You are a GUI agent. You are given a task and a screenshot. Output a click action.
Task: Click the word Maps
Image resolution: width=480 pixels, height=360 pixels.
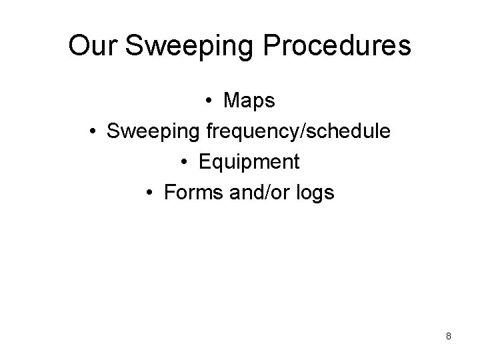[249, 101]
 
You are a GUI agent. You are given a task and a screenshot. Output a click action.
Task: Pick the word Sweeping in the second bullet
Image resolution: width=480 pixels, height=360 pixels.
[153, 131]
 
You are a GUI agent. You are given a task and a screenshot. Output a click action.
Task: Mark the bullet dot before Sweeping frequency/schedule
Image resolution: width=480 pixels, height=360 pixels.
[94, 132]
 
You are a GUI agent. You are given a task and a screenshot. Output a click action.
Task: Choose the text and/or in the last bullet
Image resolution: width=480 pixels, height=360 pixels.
[256, 193]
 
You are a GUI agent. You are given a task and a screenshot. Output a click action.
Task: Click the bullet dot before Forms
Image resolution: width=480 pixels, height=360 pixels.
[151, 193]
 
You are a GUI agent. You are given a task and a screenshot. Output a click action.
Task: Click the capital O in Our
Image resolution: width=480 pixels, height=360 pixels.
[79, 45]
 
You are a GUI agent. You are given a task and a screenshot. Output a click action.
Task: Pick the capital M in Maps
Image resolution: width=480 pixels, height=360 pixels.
[233, 101]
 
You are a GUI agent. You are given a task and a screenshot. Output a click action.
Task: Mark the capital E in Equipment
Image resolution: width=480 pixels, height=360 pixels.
[204, 162]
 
